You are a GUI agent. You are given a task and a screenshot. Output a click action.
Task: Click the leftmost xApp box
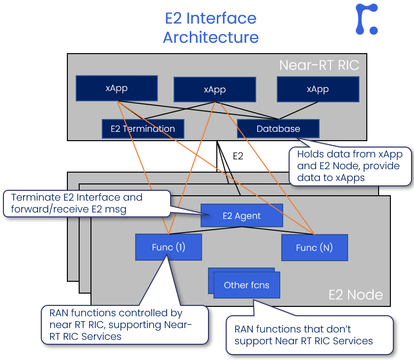tap(117, 88)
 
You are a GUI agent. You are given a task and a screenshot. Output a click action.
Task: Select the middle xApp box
tap(214, 90)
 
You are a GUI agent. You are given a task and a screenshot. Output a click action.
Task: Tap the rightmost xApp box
tap(318, 89)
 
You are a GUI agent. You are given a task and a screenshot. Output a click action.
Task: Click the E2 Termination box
tap(143, 129)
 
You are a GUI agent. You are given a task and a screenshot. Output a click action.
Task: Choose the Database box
tap(278, 129)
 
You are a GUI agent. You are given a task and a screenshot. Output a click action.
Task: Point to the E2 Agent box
tap(241, 215)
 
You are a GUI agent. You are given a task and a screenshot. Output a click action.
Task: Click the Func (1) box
tap(169, 247)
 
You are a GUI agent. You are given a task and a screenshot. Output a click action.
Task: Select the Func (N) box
tap(314, 247)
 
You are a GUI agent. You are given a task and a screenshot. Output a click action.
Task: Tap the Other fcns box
tap(246, 285)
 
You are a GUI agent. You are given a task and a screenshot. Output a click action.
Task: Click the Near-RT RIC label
tap(319, 65)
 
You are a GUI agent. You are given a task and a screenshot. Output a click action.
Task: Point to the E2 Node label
tap(355, 295)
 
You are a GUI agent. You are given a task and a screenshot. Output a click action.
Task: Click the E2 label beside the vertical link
tap(238, 156)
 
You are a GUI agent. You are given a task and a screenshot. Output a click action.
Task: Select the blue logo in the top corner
tap(367, 19)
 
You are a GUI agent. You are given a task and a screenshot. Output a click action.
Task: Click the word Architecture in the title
tap(210, 37)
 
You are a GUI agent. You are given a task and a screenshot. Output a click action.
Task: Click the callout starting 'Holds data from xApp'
tap(350, 166)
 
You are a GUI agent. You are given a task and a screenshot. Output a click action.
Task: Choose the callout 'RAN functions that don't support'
tap(310, 335)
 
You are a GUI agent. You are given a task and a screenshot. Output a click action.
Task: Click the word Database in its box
tap(278, 129)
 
